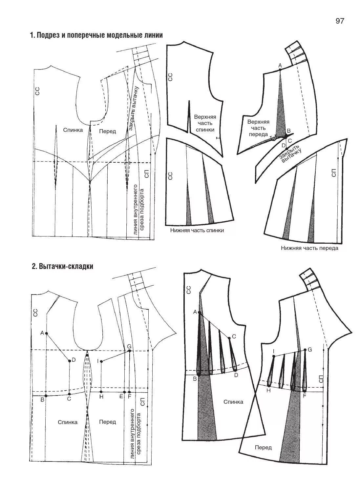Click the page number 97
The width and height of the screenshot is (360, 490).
click(x=340, y=21)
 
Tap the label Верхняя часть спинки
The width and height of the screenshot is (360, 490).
click(x=205, y=123)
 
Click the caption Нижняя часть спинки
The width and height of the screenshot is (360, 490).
click(x=197, y=230)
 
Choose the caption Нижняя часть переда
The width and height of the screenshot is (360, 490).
click(x=309, y=248)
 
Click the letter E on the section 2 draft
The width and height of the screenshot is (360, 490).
click(x=121, y=397)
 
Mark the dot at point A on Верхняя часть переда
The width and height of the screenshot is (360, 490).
click(x=280, y=70)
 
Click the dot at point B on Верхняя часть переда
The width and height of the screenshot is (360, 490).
click(x=286, y=135)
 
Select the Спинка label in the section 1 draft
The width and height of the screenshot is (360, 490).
click(x=73, y=130)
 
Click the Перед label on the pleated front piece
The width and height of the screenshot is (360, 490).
click(x=263, y=447)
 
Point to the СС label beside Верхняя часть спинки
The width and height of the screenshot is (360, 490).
click(x=170, y=77)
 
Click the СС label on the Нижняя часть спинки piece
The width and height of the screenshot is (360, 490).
click(x=170, y=176)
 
